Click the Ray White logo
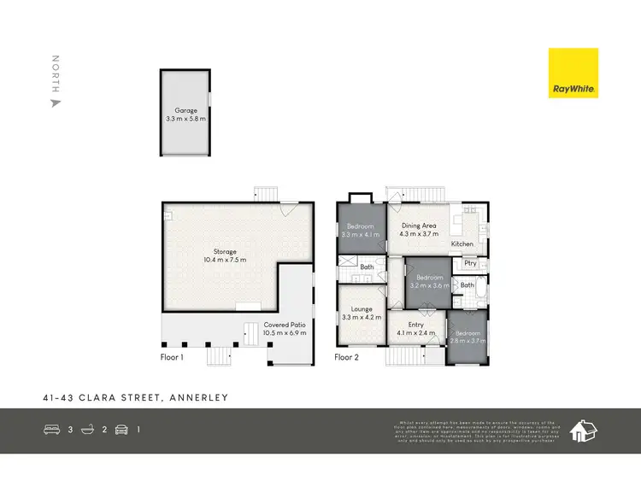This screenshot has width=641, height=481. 573,73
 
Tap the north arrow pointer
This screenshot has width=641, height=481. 56,103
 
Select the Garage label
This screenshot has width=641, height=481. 185,110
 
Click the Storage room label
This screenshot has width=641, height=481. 225,252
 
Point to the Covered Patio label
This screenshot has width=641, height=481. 285,326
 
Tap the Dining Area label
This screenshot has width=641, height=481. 419,226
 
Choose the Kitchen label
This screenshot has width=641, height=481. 462,244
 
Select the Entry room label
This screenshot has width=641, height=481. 416,325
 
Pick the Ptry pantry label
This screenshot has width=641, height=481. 470,264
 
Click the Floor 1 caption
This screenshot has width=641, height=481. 172,357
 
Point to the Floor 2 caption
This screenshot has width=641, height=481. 345,357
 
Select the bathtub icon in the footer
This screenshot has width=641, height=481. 87,430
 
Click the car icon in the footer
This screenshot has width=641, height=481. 121,430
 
